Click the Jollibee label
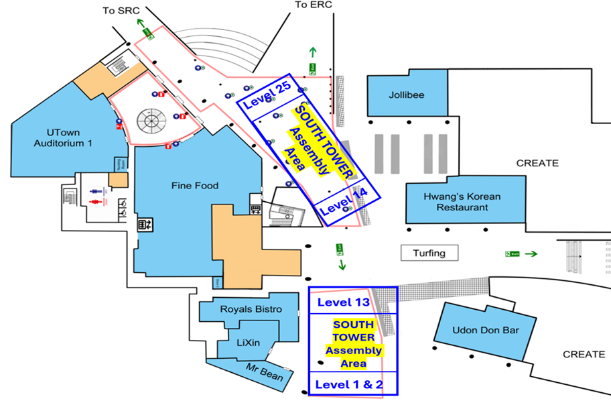click(407, 95)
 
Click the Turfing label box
click(429, 253)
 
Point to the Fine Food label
click(194, 185)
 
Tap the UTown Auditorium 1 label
click(60, 137)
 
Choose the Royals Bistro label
click(251, 309)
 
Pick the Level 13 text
click(344, 302)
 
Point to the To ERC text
click(313, 5)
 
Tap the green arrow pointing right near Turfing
click(531, 253)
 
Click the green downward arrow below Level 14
click(342, 265)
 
